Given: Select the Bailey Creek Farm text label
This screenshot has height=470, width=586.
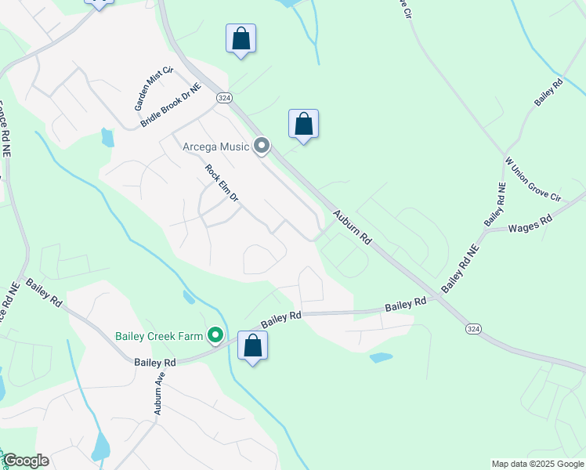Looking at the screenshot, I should click(159, 337).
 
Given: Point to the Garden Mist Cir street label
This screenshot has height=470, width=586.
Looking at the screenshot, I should click(153, 87).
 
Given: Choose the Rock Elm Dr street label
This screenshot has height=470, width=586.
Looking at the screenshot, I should click(221, 183).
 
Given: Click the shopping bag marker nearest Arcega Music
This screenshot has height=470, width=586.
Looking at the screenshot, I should click(303, 125).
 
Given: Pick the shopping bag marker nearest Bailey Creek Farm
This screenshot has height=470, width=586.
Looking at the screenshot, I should click(252, 346).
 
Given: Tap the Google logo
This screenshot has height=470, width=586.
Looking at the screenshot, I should click(25, 461).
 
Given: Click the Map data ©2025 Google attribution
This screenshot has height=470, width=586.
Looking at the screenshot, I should click(537, 464).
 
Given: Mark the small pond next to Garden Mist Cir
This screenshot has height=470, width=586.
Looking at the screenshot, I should click(107, 138).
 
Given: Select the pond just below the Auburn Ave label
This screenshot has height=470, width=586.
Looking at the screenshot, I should click(100, 447).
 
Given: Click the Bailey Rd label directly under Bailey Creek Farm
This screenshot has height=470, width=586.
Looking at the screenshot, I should click(155, 363).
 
